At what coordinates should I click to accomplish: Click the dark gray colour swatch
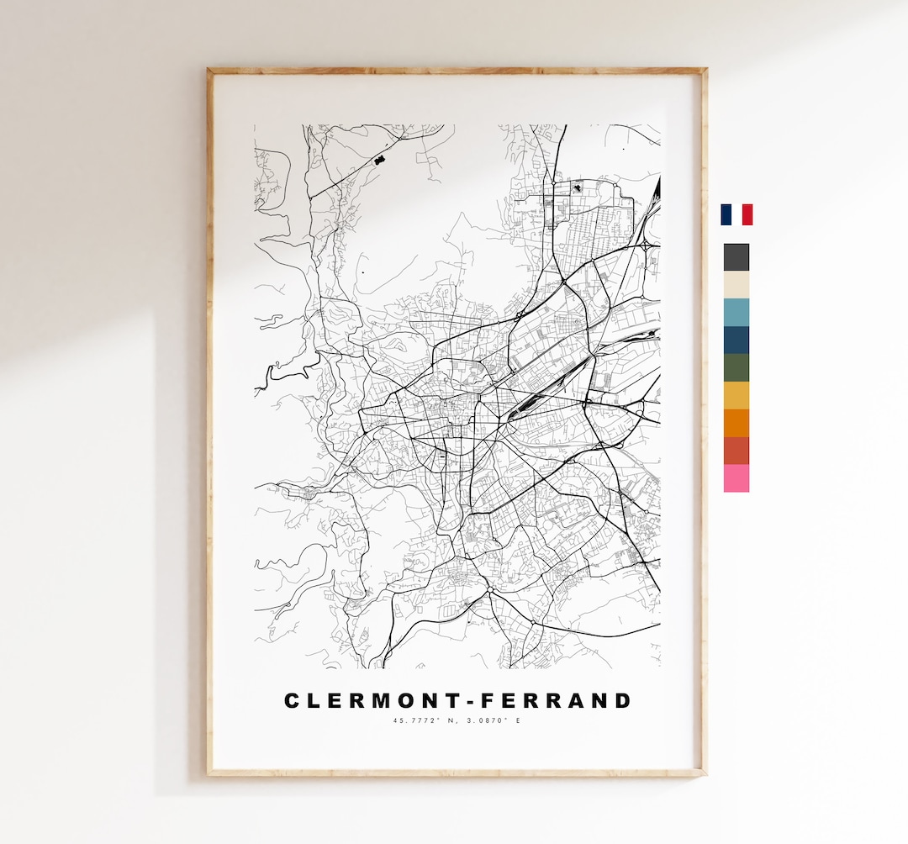(736, 257)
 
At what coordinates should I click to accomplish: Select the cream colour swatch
(736, 285)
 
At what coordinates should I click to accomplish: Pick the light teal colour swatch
(736, 313)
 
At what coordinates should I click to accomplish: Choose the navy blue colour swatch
(736, 340)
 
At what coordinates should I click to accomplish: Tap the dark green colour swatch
(736, 368)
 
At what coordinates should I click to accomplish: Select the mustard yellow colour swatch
(736, 396)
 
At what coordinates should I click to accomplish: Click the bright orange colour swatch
(736, 424)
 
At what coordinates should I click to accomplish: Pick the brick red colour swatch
(736, 451)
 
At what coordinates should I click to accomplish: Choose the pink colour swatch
(736, 478)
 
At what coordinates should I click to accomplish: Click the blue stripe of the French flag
(726, 214)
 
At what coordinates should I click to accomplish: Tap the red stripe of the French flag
(747, 214)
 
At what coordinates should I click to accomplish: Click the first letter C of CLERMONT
(293, 701)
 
